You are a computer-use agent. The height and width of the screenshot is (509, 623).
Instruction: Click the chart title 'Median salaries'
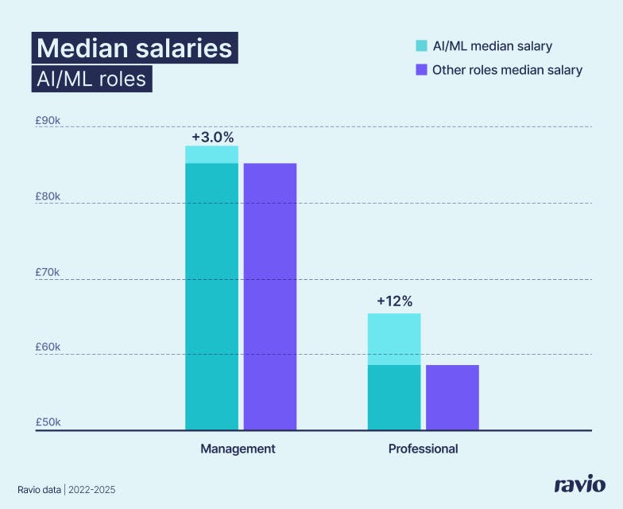click(x=134, y=48)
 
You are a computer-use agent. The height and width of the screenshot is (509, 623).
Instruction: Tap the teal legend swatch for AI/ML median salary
click(x=421, y=46)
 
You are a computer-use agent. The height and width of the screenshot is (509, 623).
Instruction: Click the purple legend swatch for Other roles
click(x=421, y=70)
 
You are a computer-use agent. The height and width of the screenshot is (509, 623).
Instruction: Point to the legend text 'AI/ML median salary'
click(x=492, y=46)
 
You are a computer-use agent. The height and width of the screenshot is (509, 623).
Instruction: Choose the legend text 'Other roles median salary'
click(x=507, y=70)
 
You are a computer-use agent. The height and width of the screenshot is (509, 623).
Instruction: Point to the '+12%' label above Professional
click(x=394, y=301)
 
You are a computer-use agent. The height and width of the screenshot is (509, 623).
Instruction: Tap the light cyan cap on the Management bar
click(x=212, y=154)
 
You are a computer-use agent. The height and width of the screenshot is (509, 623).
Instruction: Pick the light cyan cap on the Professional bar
click(x=394, y=339)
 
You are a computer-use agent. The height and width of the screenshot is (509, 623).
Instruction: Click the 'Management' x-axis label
click(x=238, y=449)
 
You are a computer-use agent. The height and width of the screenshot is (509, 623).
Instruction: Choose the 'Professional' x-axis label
click(x=423, y=449)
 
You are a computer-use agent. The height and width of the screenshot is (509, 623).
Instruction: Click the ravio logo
click(x=579, y=484)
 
